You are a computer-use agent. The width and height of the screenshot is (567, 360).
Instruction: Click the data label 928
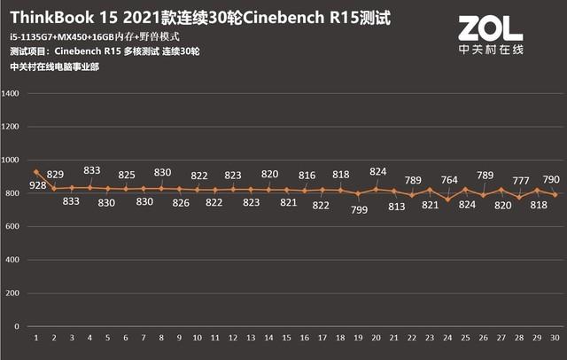coord(37,185)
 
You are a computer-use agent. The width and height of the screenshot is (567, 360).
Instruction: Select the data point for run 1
coord(36,172)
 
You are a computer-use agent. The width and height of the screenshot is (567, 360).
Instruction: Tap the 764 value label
coord(449,181)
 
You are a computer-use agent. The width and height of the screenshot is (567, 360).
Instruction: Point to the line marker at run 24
coord(447,200)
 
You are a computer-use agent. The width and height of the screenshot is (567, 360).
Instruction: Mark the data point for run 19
coord(358,193)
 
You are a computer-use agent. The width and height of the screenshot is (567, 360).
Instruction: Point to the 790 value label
coord(549,178)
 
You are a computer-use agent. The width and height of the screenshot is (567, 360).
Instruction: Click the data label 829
coord(55,174)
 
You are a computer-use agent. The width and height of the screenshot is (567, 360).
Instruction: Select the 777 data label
coord(520,181)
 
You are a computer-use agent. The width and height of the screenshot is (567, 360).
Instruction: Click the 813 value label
coord(396,207)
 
